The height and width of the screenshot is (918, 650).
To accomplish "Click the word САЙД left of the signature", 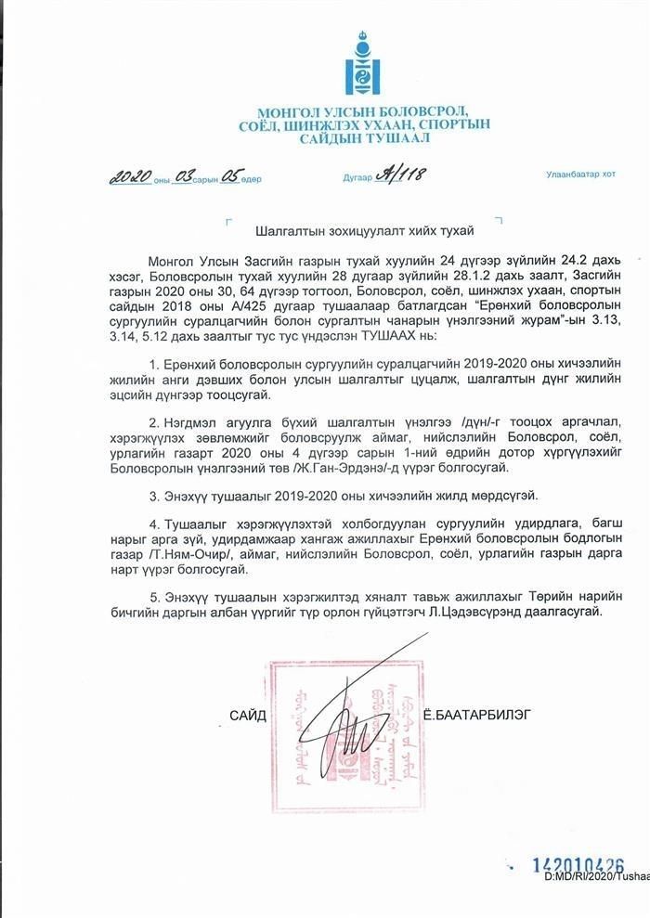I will [x=248, y=716].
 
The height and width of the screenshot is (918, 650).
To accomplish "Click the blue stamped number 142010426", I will [x=577, y=865].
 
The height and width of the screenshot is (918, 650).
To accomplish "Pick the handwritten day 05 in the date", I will [x=229, y=176].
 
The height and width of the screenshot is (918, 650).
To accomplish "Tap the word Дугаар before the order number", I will [x=357, y=176].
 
